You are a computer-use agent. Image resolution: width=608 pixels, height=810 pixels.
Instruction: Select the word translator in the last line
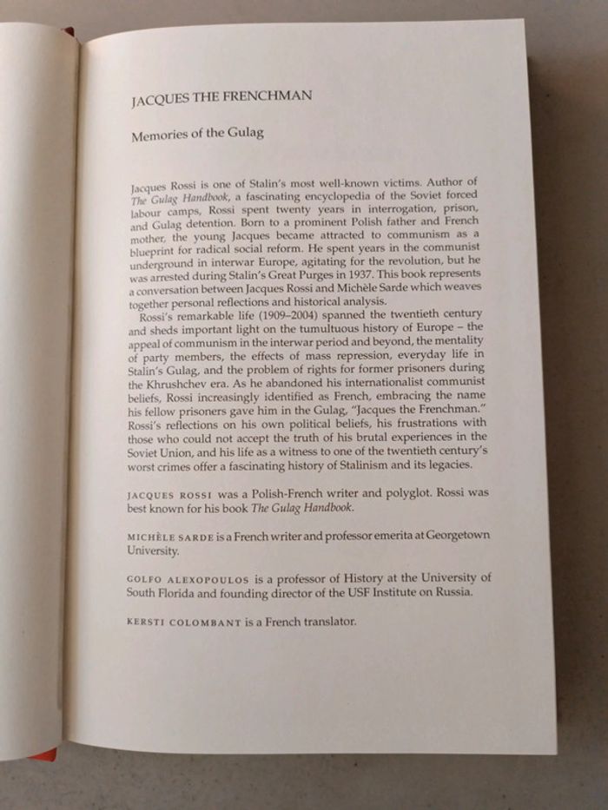point(323,622)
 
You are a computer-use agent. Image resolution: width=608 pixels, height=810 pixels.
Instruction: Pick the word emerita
point(366,537)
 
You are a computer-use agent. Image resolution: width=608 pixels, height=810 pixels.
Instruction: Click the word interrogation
point(380,207)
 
